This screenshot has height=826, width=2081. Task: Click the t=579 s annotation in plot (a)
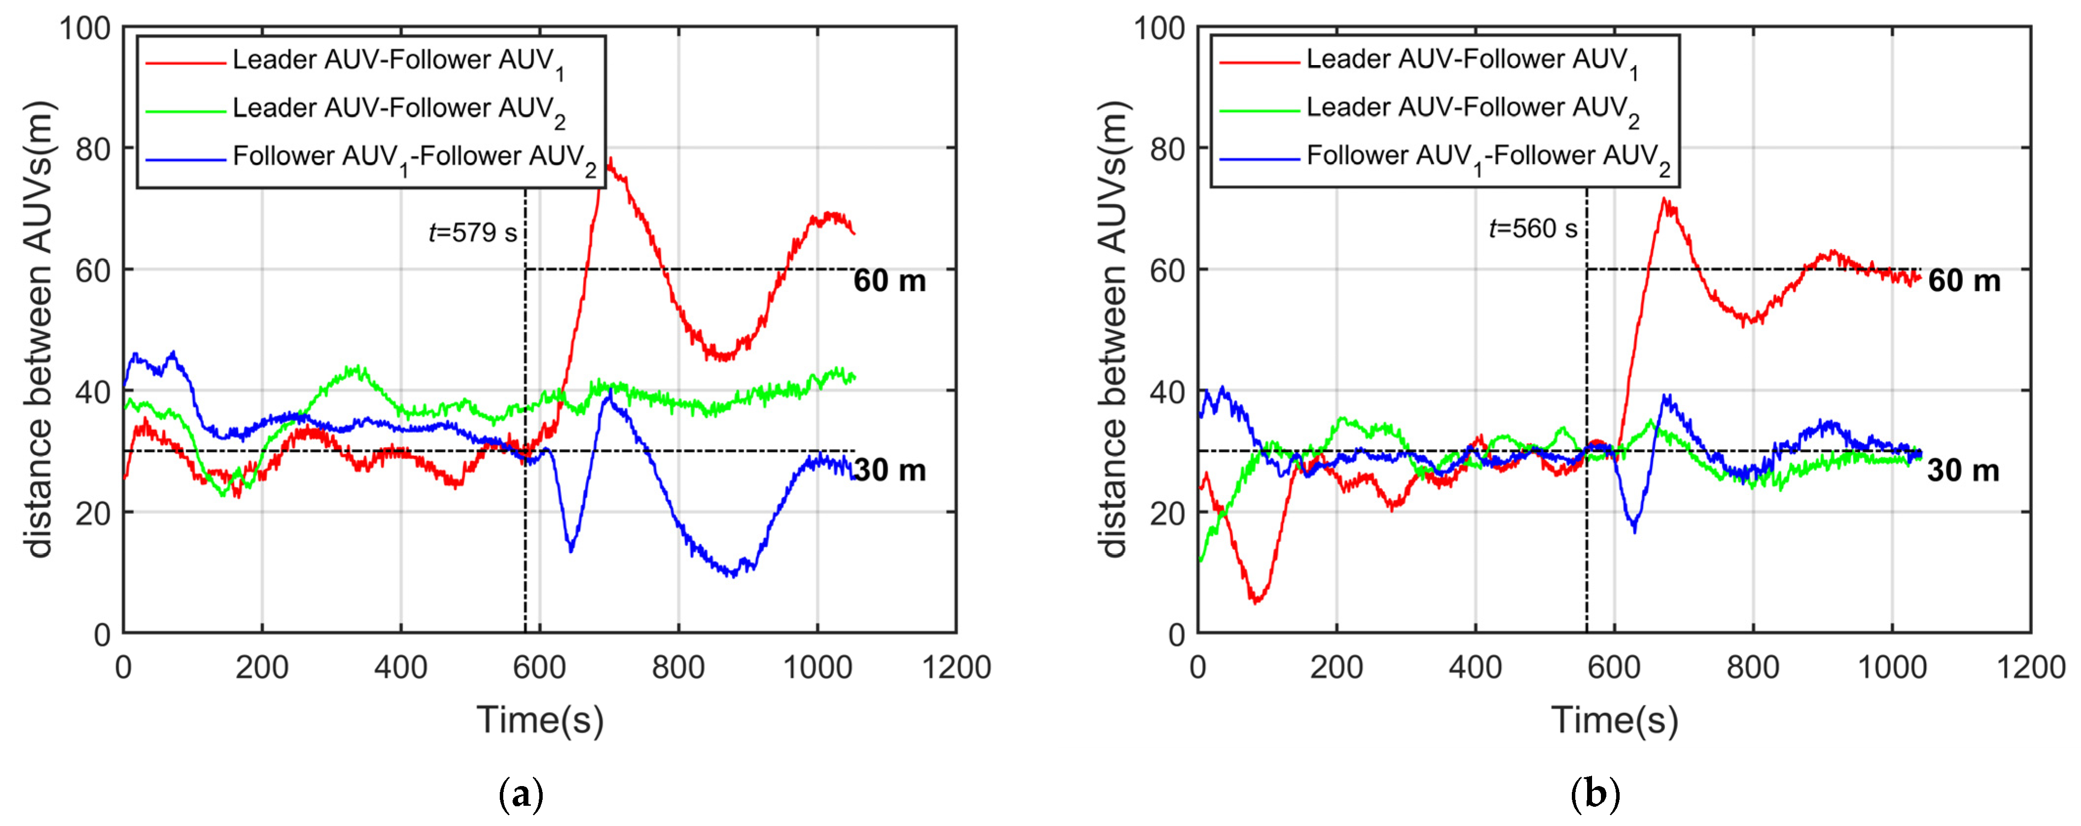(473, 233)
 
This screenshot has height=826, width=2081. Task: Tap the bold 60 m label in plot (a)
(890, 281)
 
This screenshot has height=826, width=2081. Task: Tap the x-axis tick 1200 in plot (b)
(2030, 668)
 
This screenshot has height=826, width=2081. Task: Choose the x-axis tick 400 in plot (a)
(401, 668)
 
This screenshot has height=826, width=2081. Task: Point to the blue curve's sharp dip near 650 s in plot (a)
(571, 549)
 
